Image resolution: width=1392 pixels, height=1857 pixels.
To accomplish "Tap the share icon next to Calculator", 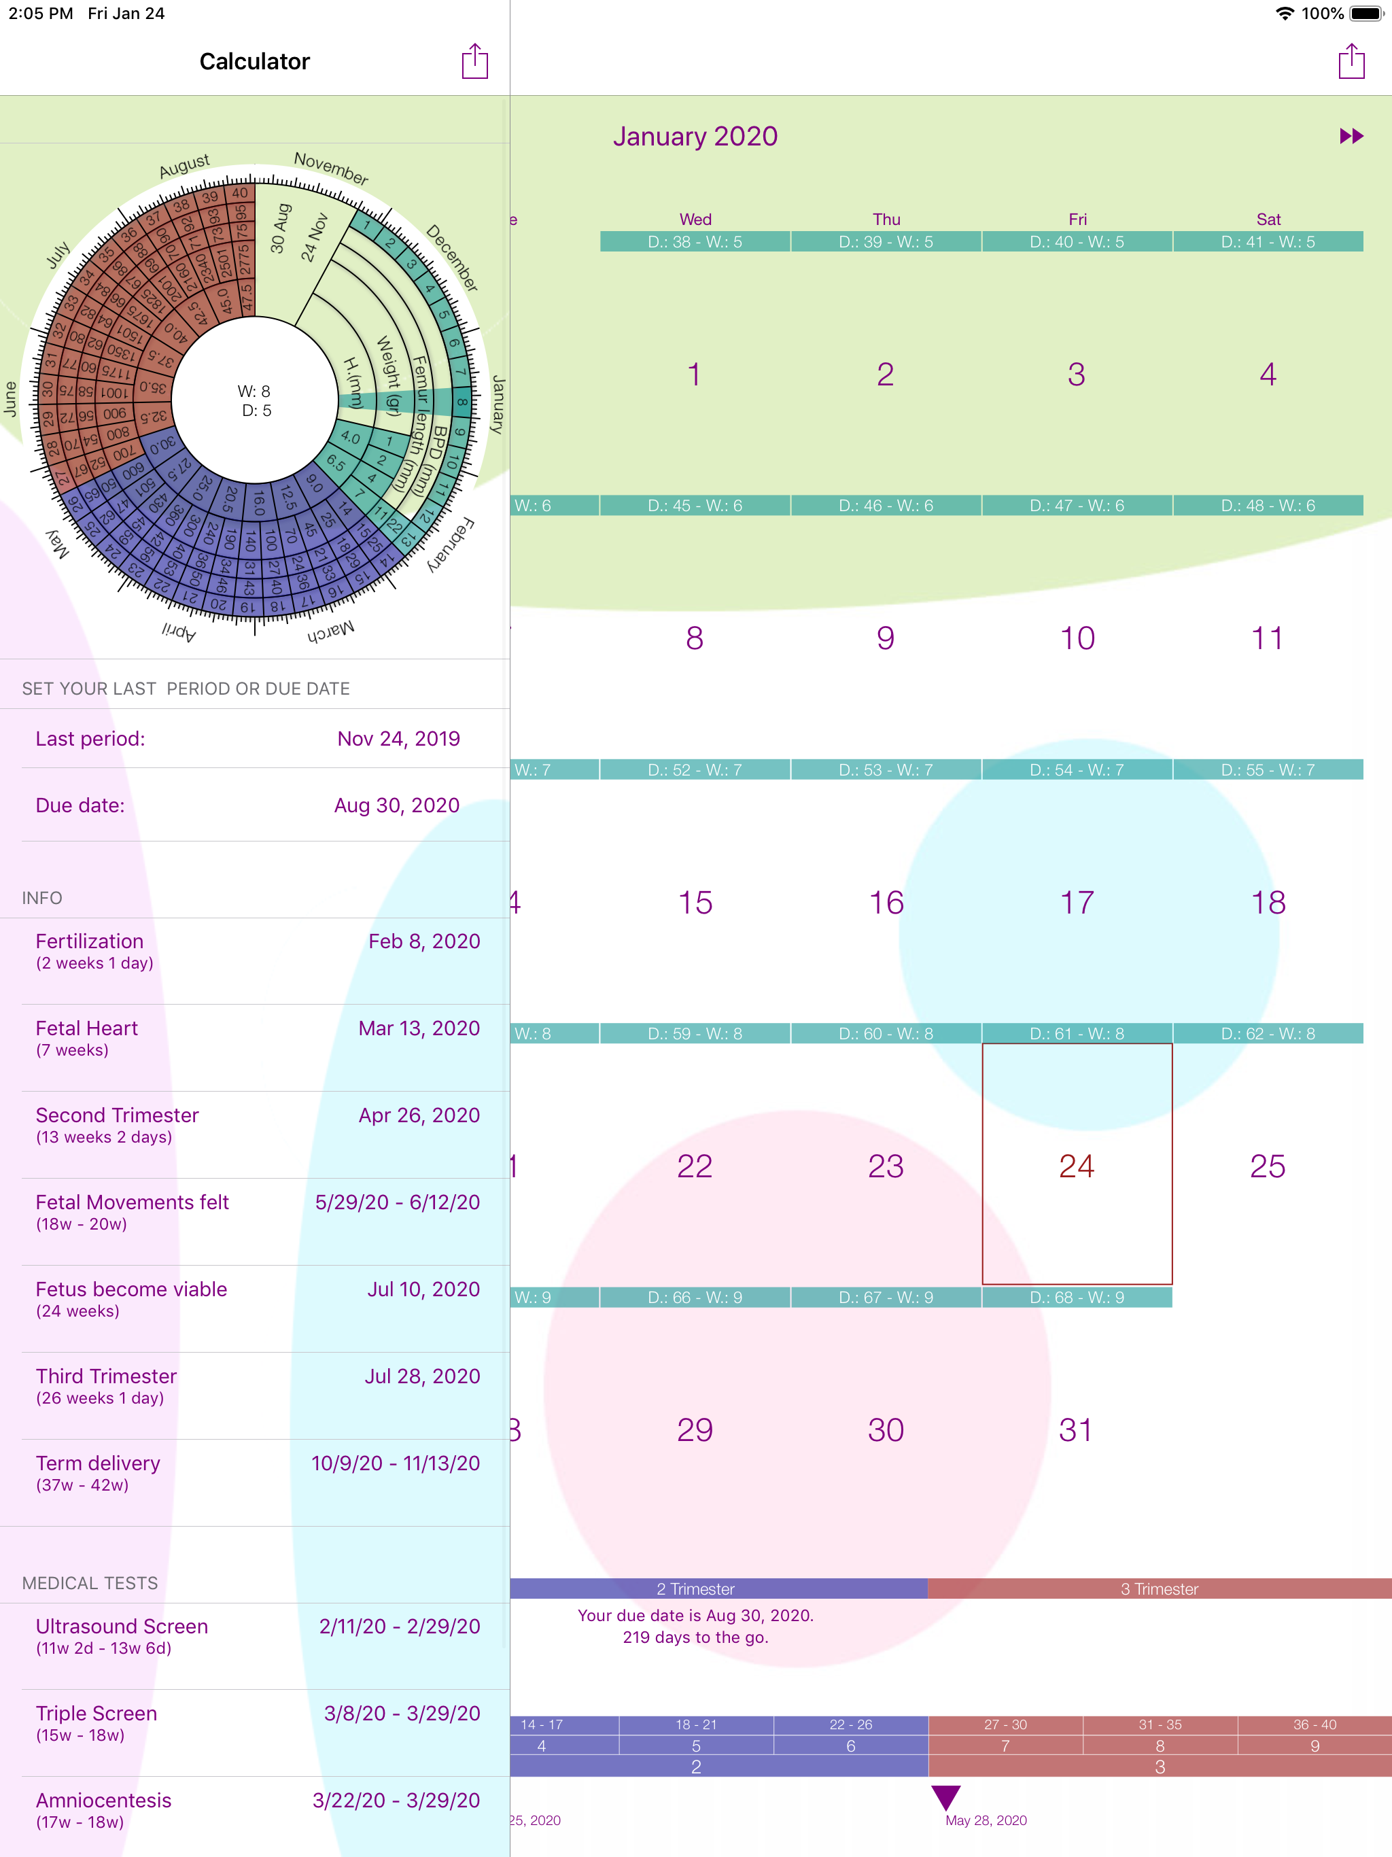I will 474,61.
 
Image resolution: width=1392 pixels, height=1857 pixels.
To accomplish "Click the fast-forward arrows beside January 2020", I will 1351,136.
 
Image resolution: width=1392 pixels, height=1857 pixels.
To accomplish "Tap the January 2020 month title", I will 695,136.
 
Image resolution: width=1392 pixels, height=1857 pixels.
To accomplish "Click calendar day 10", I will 1077,638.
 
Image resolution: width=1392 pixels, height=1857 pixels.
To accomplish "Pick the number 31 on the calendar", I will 1075,1429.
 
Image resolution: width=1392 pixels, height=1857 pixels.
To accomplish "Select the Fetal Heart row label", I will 86,1028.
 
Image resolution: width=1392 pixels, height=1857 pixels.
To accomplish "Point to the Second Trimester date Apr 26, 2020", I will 419,1115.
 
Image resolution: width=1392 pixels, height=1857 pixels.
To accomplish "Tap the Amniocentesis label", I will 103,1800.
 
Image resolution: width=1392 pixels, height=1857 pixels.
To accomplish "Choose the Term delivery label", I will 97,1463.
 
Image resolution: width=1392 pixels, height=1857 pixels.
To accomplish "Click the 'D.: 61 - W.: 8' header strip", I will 1077,1033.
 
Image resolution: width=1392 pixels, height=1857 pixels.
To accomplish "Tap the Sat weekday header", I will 1268,219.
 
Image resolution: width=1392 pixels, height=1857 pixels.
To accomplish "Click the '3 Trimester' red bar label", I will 1159,1589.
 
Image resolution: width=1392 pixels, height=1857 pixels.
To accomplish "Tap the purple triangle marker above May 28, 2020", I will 945,1797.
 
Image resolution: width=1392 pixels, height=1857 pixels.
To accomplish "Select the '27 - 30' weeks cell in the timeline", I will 1005,1724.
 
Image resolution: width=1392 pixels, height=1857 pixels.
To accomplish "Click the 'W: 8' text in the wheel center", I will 254,392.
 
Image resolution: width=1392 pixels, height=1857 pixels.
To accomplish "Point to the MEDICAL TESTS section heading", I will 90,1582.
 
